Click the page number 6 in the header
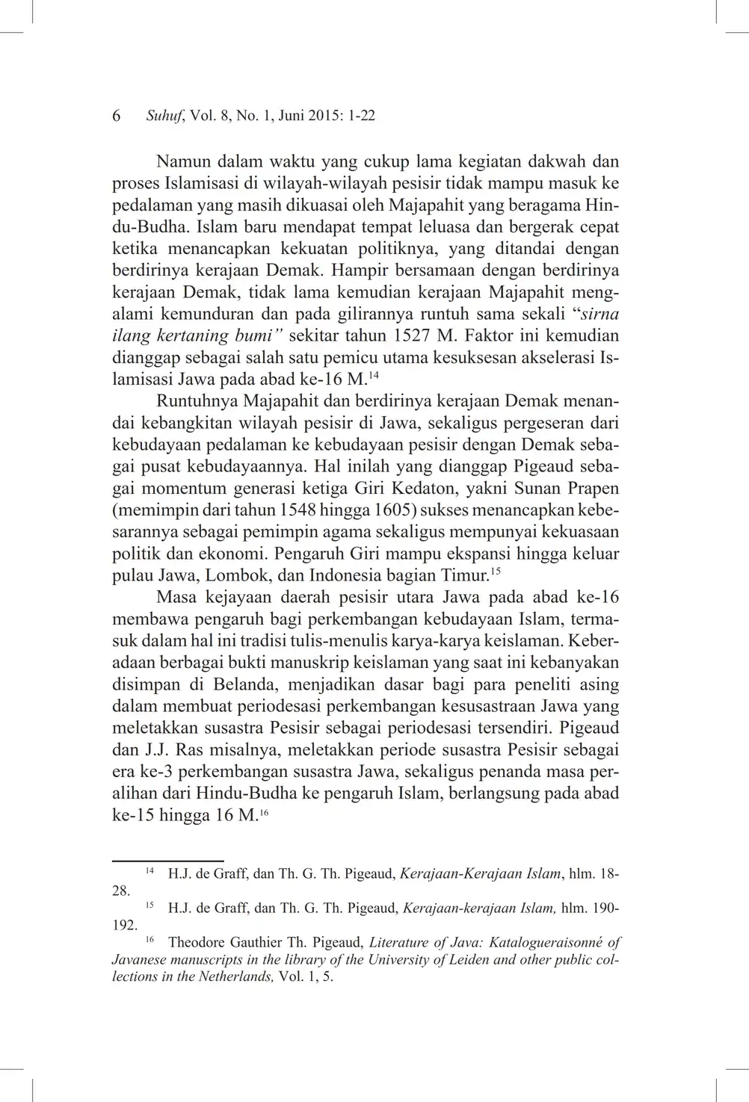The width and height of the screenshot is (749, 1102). coord(117,116)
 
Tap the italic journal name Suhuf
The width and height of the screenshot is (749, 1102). coord(166,116)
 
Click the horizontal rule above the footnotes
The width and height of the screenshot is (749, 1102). coord(167,861)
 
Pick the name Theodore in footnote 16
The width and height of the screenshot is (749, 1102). coord(196,943)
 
